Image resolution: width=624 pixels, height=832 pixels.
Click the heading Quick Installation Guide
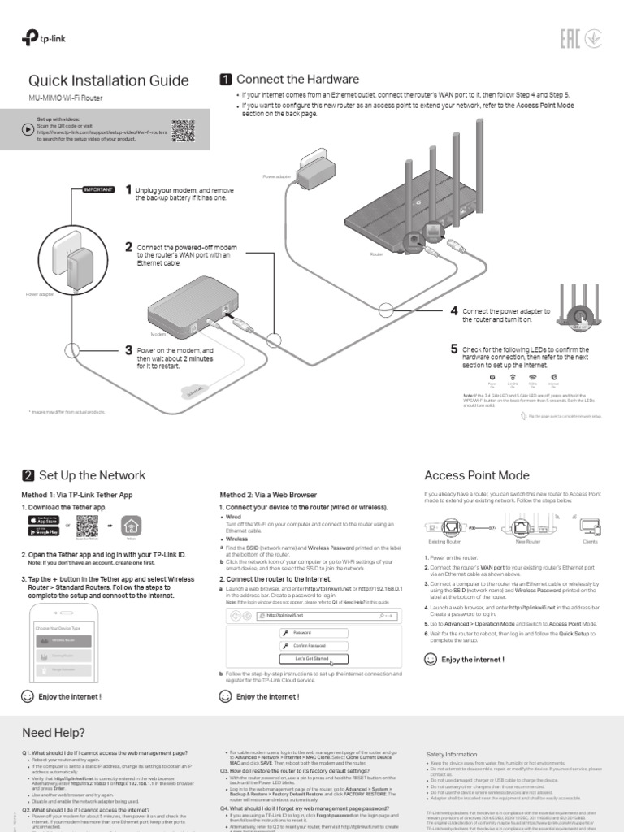[x=109, y=80]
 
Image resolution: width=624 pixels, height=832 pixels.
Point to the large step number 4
[x=454, y=311]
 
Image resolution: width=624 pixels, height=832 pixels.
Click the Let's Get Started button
[x=313, y=659]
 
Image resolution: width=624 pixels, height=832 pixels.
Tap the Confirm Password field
[x=313, y=645]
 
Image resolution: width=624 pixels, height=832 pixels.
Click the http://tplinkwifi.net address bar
[x=313, y=616]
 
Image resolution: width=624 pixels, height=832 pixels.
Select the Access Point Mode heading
[x=477, y=475]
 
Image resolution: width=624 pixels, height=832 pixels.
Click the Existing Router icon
[x=444, y=527]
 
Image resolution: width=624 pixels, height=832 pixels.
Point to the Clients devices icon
[x=590, y=526]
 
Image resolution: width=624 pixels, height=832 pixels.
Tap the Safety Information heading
[x=452, y=755]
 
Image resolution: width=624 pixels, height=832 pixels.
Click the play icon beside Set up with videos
[x=28, y=128]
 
